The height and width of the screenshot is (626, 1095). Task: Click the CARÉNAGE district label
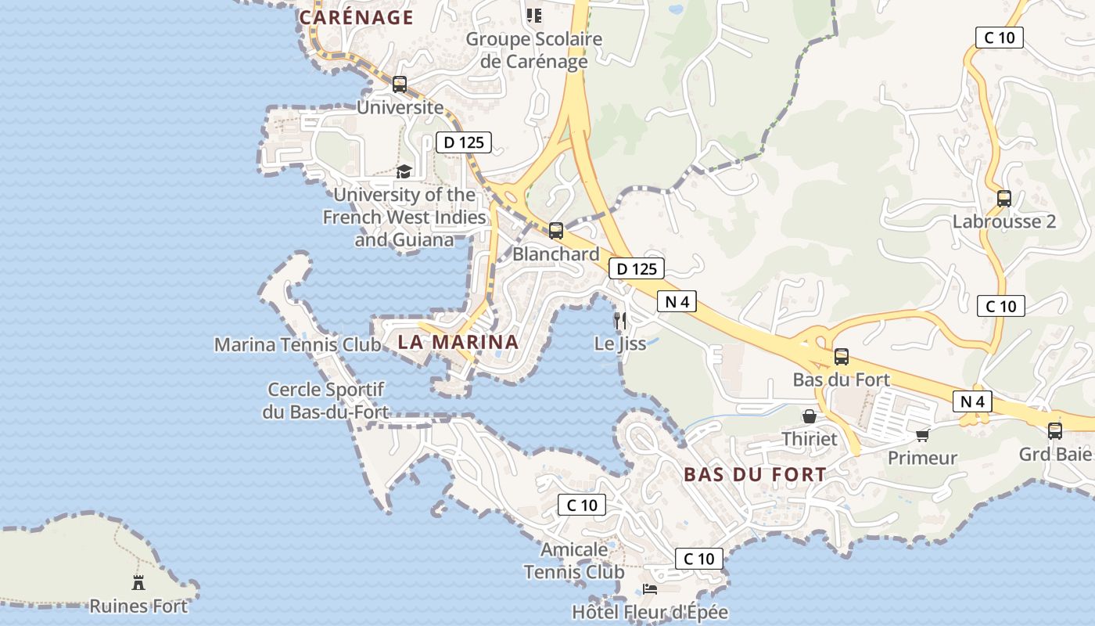(x=356, y=17)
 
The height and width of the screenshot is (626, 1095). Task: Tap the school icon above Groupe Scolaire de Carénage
(x=534, y=15)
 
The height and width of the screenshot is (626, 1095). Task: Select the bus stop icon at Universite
(x=400, y=85)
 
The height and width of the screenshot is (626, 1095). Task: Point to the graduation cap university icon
(x=404, y=171)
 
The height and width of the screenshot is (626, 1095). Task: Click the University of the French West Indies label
(x=404, y=217)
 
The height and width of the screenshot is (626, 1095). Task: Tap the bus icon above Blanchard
(x=556, y=230)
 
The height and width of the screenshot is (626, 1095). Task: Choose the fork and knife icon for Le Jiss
(x=621, y=320)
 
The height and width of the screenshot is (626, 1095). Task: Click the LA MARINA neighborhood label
(x=458, y=342)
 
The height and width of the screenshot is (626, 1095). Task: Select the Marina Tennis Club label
(x=297, y=344)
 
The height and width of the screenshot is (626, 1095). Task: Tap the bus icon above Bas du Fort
(x=842, y=357)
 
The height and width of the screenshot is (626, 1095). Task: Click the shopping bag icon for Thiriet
(x=810, y=416)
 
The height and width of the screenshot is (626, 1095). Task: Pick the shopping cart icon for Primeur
(x=923, y=434)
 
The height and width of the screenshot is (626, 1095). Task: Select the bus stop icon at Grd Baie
(x=1055, y=430)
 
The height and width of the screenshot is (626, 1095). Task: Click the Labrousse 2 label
(x=1003, y=221)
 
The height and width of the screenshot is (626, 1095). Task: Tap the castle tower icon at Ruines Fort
(x=138, y=582)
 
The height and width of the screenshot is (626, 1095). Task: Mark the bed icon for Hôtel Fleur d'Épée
(x=650, y=588)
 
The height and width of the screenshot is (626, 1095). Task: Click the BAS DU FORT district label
(x=755, y=474)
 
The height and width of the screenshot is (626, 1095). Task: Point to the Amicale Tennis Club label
(x=574, y=561)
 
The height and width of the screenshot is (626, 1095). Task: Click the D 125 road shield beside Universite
(x=463, y=142)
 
